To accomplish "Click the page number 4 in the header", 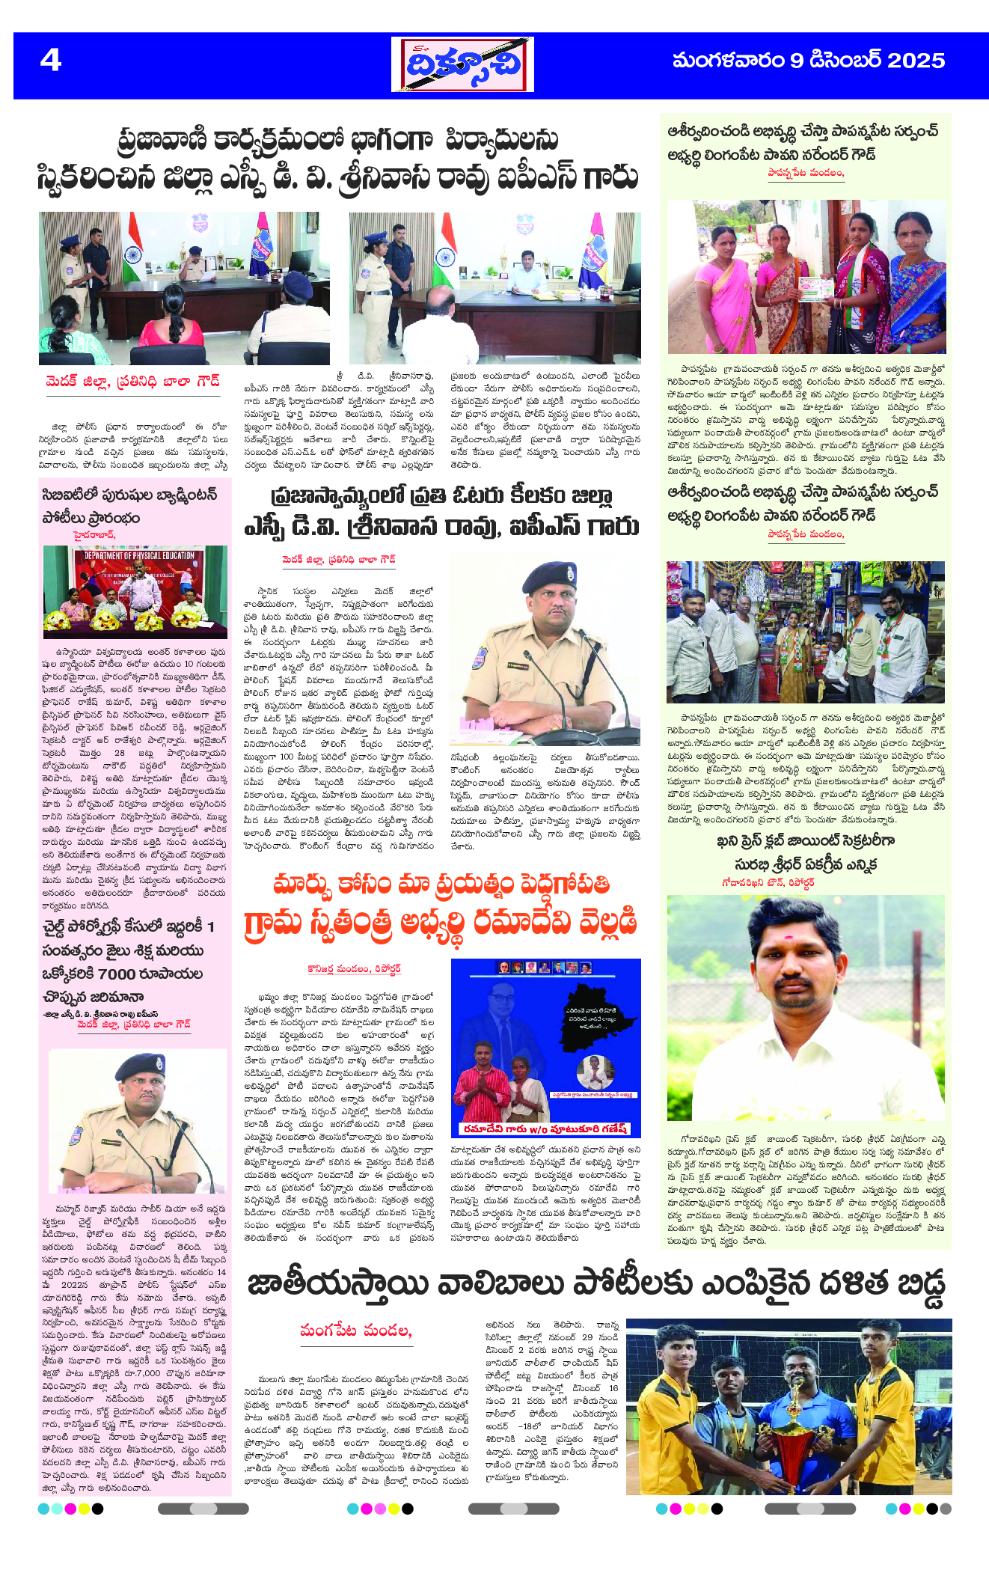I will (x=50, y=60).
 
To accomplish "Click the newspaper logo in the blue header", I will (x=462, y=64).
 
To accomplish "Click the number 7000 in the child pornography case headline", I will (x=116, y=974).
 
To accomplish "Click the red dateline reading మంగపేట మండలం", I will (x=355, y=1330).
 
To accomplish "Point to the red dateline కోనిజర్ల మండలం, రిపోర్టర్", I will (x=354, y=968).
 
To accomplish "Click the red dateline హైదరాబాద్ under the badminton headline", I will (x=94, y=534).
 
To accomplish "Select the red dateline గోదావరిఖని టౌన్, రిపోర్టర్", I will (x=768, y=882).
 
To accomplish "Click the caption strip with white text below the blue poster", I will (x=545, y=1128).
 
